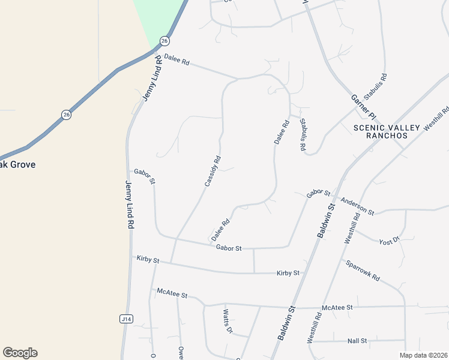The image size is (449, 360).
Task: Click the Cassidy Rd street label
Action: (213, 171)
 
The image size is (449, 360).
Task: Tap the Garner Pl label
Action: (363, 106)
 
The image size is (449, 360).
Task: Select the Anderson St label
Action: (357, 206)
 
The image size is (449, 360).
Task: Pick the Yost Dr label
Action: (389, 242)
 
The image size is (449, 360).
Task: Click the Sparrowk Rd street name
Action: (363, 270)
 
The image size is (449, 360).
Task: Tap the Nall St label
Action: (357, 341)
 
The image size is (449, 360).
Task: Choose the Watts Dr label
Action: (228, 321)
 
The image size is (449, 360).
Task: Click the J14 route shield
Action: (125, 319)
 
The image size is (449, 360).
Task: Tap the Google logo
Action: (20, 353)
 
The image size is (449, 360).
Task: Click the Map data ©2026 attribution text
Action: (423, 355)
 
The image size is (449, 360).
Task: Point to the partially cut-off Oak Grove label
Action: (17, 164)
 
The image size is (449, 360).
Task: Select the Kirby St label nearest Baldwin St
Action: (288, 273)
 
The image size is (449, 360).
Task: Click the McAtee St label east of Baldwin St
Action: (337, 307)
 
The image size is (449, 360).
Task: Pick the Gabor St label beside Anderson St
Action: (318, 193)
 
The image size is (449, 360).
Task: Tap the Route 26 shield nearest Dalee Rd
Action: (164, 41)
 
